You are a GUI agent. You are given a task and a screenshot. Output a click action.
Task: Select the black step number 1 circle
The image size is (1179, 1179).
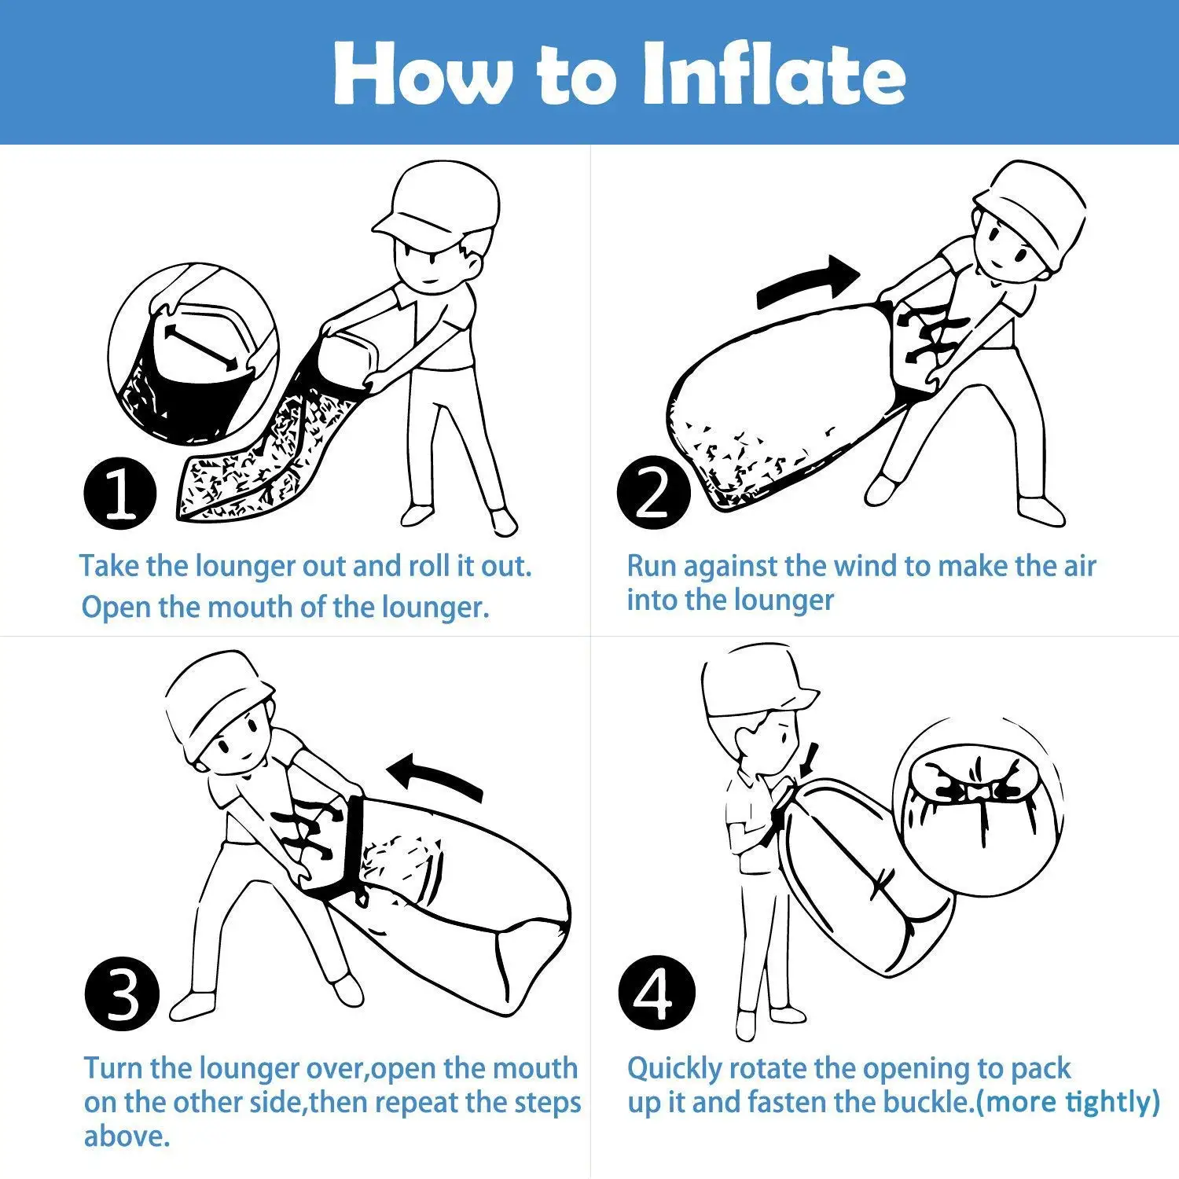tap(119, 493)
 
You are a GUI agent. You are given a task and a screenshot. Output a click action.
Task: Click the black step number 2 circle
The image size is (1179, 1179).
tap(653, 493)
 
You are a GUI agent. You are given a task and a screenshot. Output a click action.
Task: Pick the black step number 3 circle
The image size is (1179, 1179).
tap(121, 994)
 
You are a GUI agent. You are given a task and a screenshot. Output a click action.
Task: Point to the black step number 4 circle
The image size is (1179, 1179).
tap(656, 994)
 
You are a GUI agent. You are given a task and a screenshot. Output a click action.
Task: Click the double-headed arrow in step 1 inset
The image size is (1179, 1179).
tap(200, 346)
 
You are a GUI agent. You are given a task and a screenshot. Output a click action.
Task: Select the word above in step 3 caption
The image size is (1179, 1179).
tap(126, 1137)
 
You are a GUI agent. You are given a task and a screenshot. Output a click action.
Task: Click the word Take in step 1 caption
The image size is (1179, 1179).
tap(108, 566)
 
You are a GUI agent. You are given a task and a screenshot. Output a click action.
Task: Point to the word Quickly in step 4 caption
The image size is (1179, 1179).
tap(674, 1069)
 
